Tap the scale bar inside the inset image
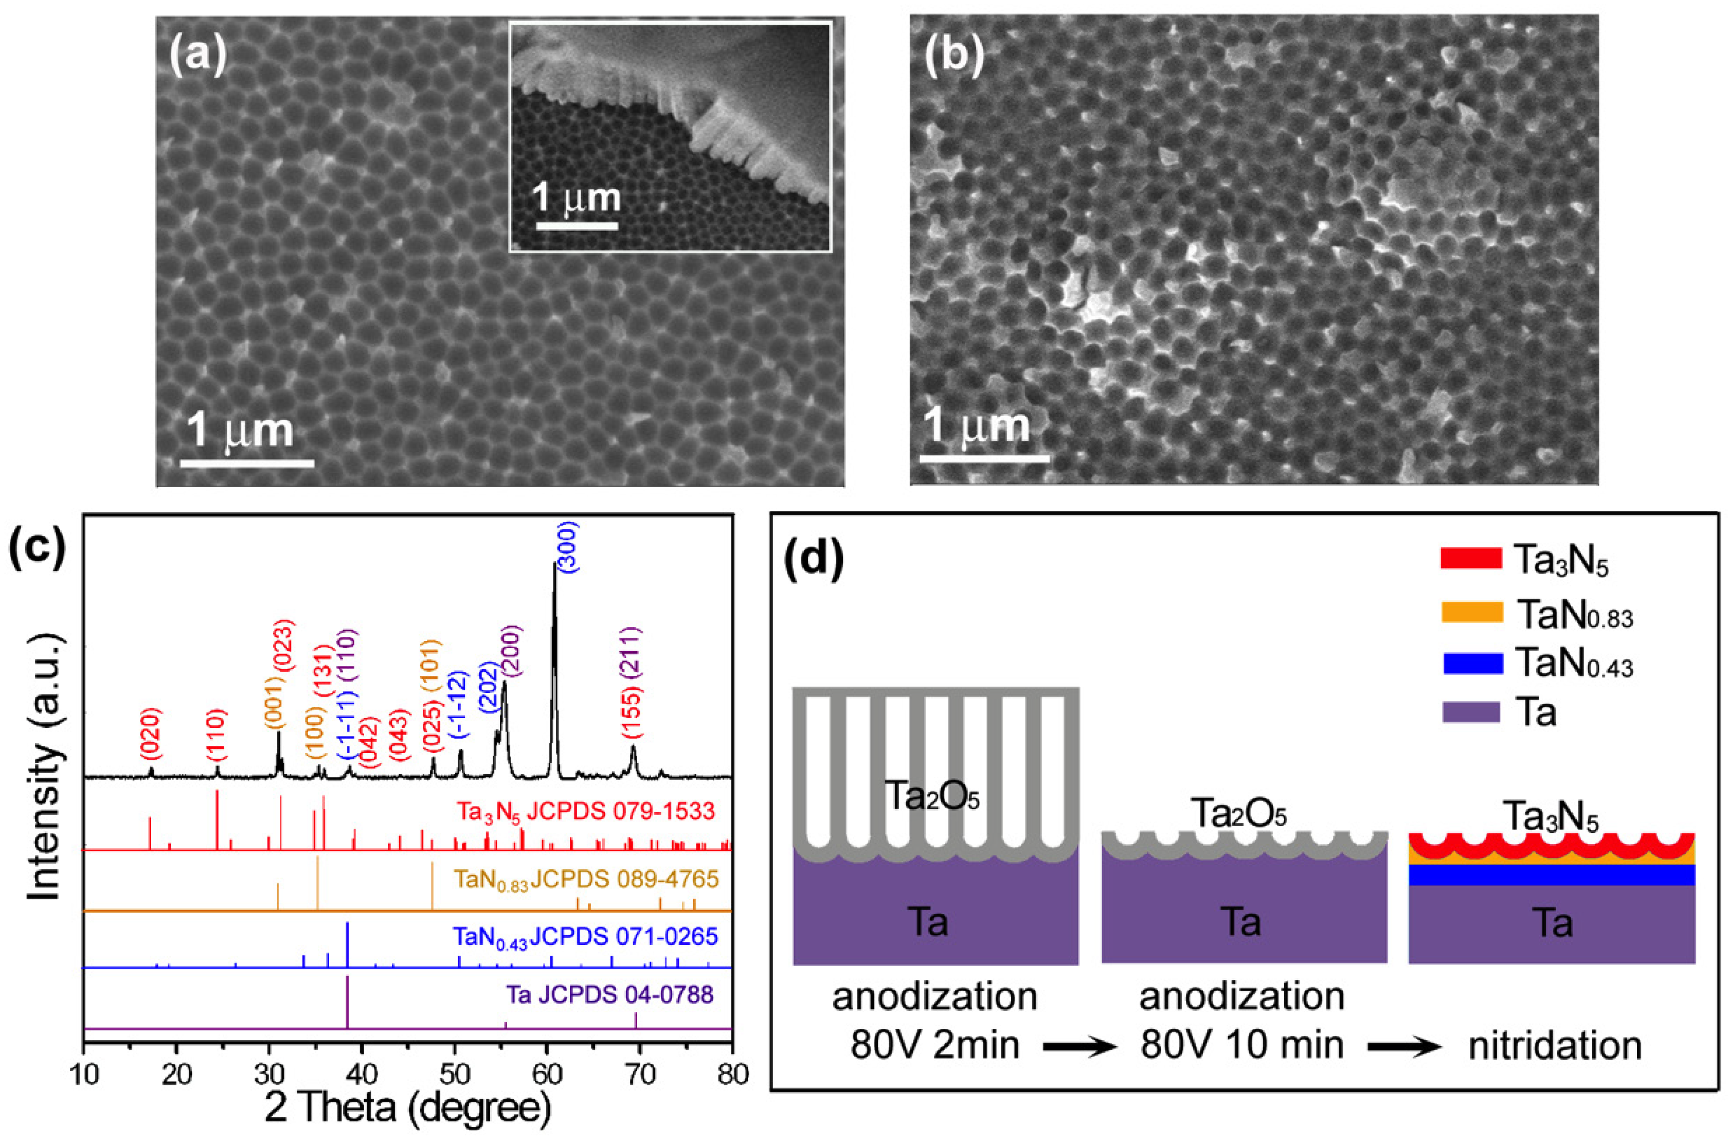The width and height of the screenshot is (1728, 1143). coord(578,226)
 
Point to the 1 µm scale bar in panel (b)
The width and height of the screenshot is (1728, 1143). coord(984,458)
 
